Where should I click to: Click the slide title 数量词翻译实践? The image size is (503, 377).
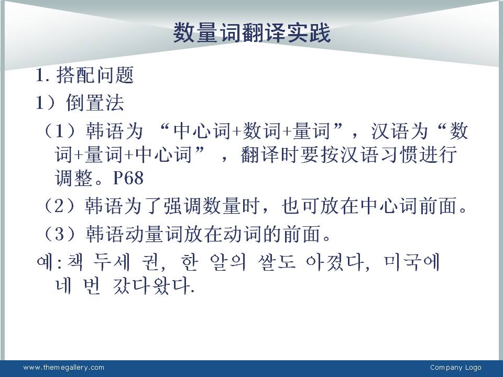click(x=252, y=32)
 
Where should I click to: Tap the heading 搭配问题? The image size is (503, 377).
click(x=95, y=75)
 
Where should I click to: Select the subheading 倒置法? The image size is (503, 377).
click(x=95, y=103)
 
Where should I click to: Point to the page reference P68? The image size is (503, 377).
click(x=128, y=178)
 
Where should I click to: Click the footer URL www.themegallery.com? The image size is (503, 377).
click(x=64, y=368)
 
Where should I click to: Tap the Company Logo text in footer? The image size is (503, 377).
click(x=455, y=368)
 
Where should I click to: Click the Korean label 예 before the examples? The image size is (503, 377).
click(x=44, y=262)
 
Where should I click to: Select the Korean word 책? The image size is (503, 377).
click(x=75, y=262)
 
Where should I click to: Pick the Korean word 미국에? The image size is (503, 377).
click(x=412, y=262)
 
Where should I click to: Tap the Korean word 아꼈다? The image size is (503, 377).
click(x=334, y=262)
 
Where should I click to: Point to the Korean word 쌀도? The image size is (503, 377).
click(x=277, y=262)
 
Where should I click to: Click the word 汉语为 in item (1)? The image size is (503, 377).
click(x=400, y=131)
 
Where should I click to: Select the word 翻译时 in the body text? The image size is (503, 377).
click(x=270, y=155)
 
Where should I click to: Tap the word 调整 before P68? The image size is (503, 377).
click(x=74, y=178)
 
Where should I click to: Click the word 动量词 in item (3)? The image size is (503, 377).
click(x=154, y=234)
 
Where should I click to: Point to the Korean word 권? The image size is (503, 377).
click(x=150, y=262)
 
